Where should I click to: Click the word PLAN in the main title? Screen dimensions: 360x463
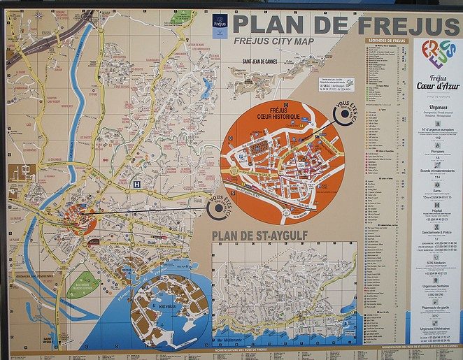pyautogui.click(x=268, y=25)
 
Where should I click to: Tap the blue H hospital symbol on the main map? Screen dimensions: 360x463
pyautogui.click(x=137, y=184)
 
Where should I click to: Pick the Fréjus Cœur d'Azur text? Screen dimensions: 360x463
pyautogui.click(x=437, y=82)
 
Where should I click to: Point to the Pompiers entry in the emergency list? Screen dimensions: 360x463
pyautogui.click(x=437, y=150)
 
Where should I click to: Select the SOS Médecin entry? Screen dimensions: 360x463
pyautogui.click(x=437, y=263)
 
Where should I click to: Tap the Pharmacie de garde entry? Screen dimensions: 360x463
pyautogui.click(x=437, y=308)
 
